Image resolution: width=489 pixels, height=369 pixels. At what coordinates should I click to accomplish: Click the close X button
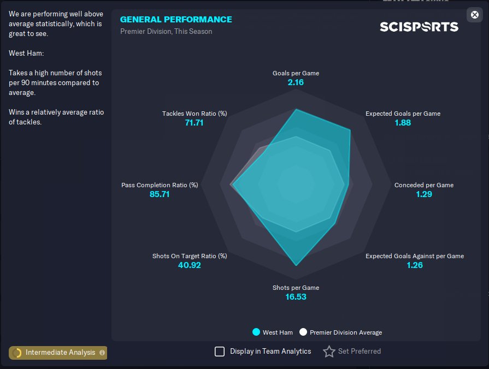tap(474, 15)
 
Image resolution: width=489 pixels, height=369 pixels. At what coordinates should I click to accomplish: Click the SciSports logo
tap(419, 27)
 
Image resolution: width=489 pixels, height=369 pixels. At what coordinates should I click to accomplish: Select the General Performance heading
tap(176, 20)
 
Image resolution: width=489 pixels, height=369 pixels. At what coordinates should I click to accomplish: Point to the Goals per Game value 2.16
tap(296, 82)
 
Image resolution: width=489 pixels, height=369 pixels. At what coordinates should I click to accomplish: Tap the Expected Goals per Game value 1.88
tap(403, 123)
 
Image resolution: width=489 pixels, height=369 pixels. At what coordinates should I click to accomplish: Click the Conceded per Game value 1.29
tap(423, 194)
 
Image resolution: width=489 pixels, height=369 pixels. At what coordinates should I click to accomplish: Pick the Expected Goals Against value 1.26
tap(414, 265)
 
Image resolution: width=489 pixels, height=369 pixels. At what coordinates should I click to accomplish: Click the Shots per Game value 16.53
tap(296, 297)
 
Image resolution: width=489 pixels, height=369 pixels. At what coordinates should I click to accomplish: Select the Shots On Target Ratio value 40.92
tap(190, 265)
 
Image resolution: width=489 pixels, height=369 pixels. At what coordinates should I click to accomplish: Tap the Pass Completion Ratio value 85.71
tap(160, 194)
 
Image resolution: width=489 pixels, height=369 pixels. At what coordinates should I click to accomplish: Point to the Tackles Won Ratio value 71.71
tap(194, 123)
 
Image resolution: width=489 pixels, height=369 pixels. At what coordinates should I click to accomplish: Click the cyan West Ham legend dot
tap(256, 332)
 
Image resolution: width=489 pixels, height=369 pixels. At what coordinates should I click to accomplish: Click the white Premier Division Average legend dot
tap(303, 332)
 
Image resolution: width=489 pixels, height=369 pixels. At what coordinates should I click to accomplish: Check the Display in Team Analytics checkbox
tap(220, 352)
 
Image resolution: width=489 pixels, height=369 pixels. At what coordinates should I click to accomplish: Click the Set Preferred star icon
tap(329, 352)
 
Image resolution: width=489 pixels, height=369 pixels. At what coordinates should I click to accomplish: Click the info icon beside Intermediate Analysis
tap(102, 353)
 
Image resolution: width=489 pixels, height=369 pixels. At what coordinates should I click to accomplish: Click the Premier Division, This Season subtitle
tap(166, 32)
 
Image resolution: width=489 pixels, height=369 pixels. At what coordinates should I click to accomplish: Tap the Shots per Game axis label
tap(296, 288)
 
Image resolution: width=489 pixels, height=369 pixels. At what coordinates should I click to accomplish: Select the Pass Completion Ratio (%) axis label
tap(160, 185)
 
